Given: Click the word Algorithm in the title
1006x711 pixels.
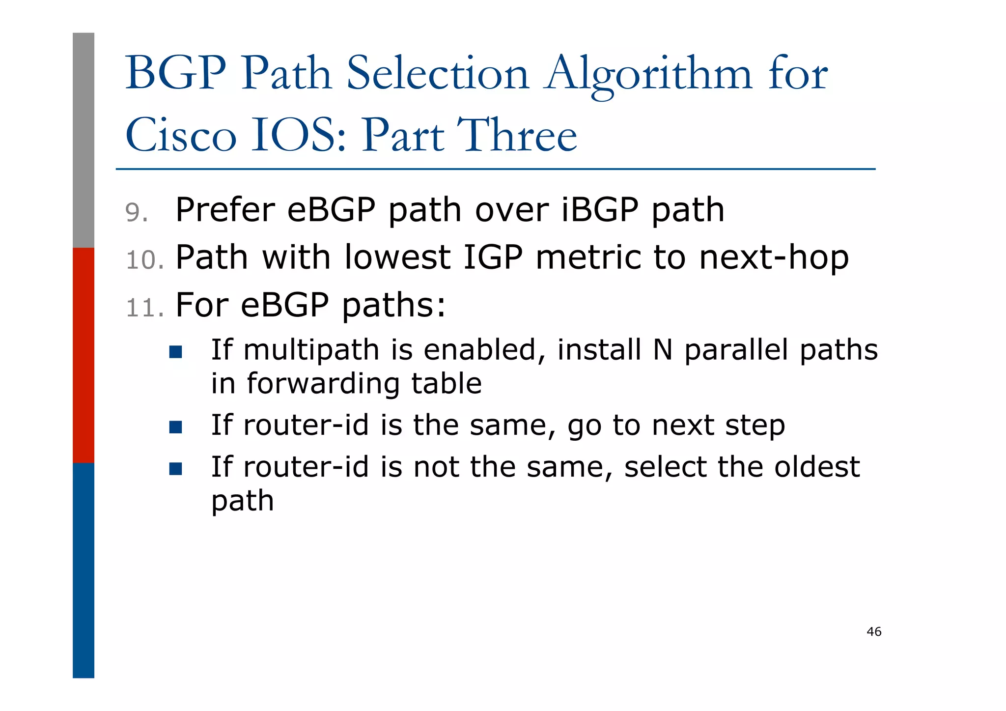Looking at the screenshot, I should [x=647, y=75].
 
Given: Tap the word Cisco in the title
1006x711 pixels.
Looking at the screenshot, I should [x=181, y=136].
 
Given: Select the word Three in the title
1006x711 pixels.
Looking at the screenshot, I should [x=517, y=136].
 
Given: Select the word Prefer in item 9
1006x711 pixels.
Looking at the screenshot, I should [x=224, y=210].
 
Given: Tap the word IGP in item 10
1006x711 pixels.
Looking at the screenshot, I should [x=493, y=257].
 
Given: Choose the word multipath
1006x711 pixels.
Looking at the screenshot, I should [x=311, y=351].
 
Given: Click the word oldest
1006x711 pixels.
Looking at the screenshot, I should [x=817, y=467].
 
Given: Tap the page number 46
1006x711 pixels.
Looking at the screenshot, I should [x=874, y=632].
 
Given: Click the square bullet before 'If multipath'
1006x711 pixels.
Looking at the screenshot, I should [x=175, y=352].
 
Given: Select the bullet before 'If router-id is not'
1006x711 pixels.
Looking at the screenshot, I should [x=175, y=469].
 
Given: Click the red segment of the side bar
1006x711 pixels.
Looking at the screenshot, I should [x=84, y=355].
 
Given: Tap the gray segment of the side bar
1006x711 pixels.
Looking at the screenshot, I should [x=84, y=140].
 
